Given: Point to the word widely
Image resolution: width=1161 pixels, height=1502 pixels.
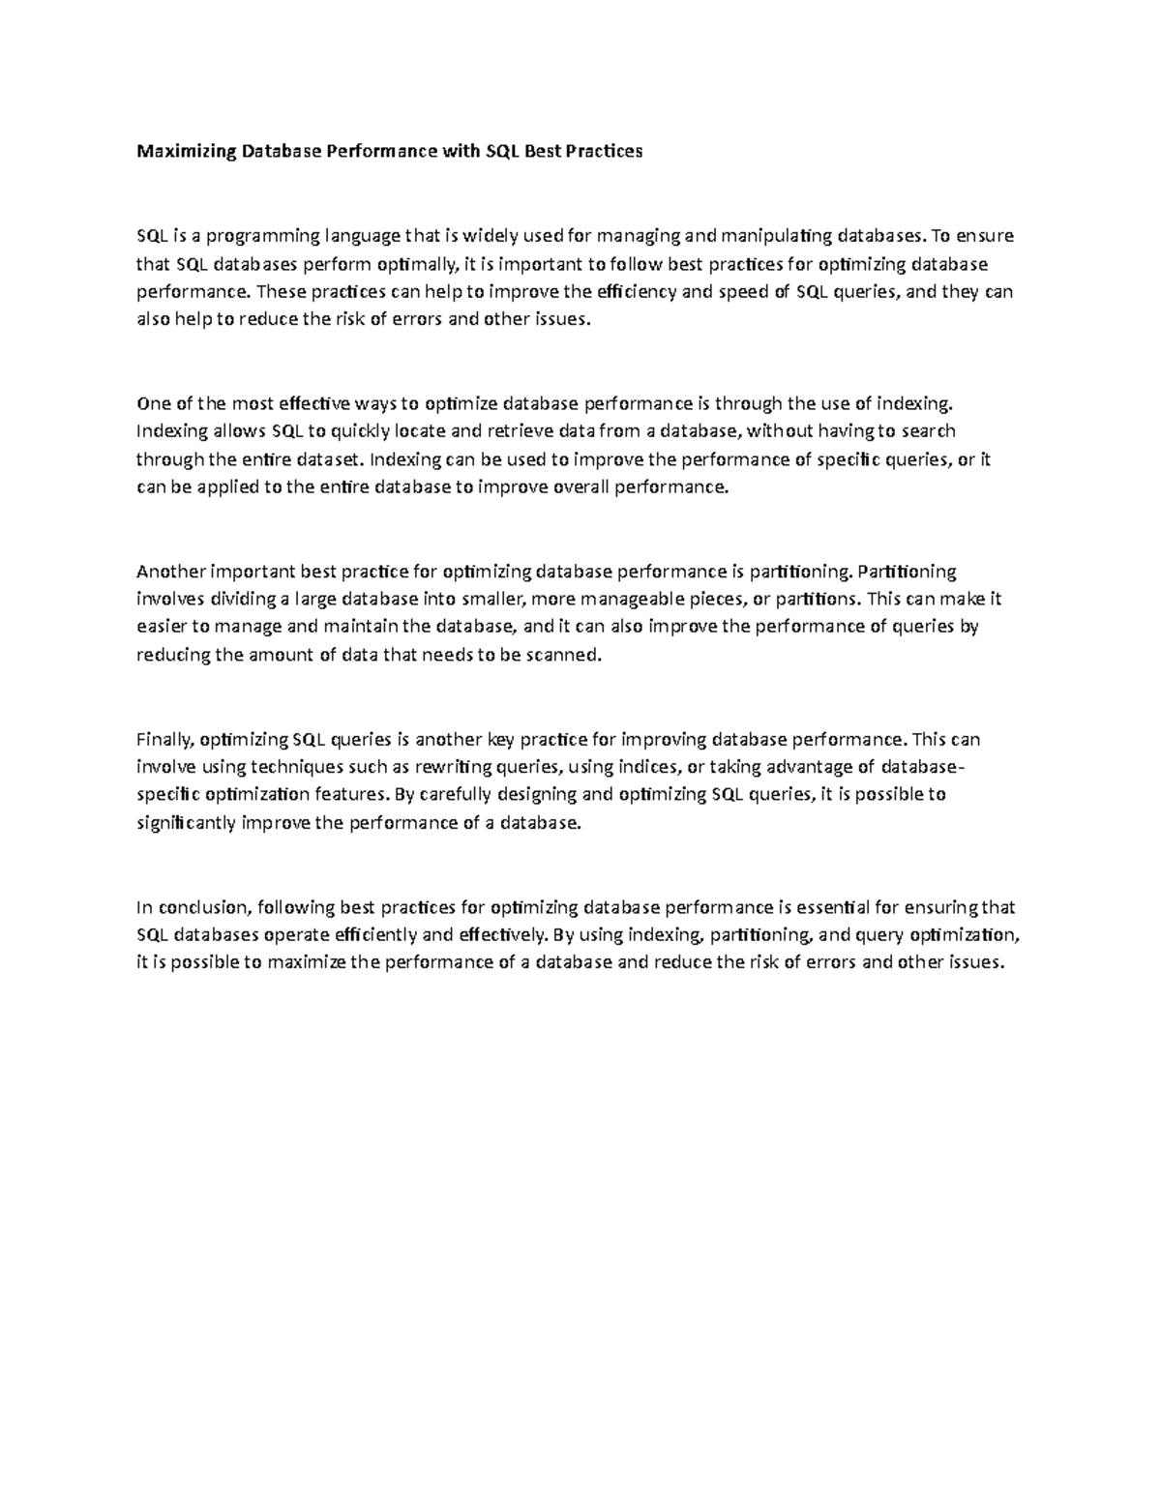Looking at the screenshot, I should click(492, 236).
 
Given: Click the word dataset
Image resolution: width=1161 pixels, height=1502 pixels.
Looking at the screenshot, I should click(329, 459).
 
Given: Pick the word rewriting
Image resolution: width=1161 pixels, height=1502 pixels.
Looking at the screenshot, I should click(453, 768).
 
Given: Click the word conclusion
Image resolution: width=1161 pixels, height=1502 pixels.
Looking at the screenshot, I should click(204, 908).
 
